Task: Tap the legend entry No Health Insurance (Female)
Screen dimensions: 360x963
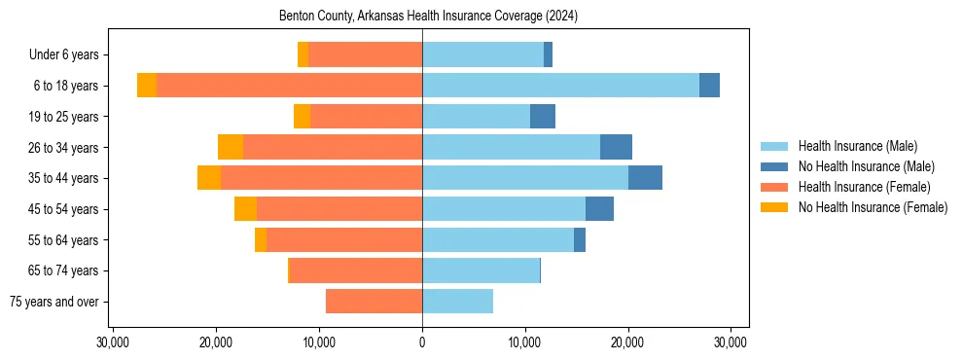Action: (873, 207)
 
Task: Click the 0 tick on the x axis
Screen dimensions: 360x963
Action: (422, 342)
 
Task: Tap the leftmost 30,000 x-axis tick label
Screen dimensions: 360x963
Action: (114, 342)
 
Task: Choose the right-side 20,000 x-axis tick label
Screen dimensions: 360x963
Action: (627, 342)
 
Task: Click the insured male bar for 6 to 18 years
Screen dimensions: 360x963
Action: (560, 86)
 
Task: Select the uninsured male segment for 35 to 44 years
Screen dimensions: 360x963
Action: (645, 178)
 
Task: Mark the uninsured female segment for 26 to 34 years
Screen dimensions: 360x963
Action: (231, 147)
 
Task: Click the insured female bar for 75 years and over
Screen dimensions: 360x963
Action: (374, 302)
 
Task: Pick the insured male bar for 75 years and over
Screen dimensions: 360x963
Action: (457, 302)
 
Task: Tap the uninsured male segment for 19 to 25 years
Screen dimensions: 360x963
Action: (543, 117)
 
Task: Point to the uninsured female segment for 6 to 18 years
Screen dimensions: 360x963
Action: (147, 86)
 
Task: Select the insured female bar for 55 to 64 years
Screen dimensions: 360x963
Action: (344, 239)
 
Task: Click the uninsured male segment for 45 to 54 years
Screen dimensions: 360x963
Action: (599, 209)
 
